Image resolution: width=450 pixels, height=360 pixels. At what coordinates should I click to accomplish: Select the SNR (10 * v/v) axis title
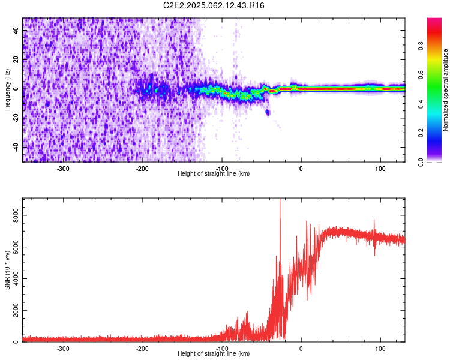pyautogui.click(x=7, y=270)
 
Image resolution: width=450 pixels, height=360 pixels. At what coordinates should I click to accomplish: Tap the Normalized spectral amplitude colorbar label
pyautogui.click(x=446, y=90)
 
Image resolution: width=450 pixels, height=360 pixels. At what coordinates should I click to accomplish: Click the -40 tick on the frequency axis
pyautogui.click(x=17, y=147)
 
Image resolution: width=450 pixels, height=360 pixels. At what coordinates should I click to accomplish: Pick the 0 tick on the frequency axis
pyautogui.click(x=17, y=89)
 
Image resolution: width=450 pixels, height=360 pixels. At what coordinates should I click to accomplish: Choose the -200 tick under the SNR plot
pyautogui.click(x=143, y=349)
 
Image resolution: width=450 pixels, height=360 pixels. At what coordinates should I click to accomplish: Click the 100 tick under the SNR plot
pyautogui.click(x=380, y=349)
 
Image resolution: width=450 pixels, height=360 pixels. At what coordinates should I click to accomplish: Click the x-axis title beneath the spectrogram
pyautogui.click(x=214, y=174)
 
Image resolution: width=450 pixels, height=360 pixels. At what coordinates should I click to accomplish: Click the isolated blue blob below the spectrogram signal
pyautogui.click(x=268, y=112)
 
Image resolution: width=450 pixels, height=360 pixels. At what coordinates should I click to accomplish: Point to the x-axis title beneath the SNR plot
pyautogui.click(x=214, y=354)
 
